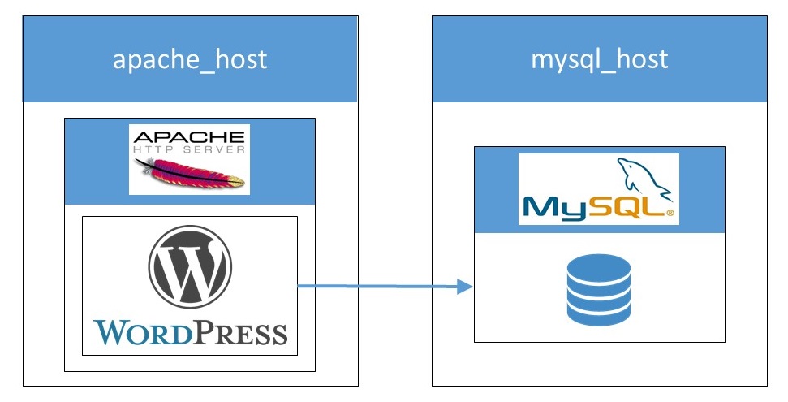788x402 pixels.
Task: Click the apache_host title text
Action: (x=190, y=59)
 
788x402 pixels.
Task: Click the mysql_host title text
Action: (x=599, y=59)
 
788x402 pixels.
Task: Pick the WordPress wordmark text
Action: (x=190, y=331)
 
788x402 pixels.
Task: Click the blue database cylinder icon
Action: (x=597, y=288)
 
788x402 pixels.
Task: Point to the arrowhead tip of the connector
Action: (x=472, y=286)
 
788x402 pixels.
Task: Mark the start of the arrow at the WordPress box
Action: (x=299, y=285)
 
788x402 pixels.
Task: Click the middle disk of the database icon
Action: (x=597, y=289)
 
